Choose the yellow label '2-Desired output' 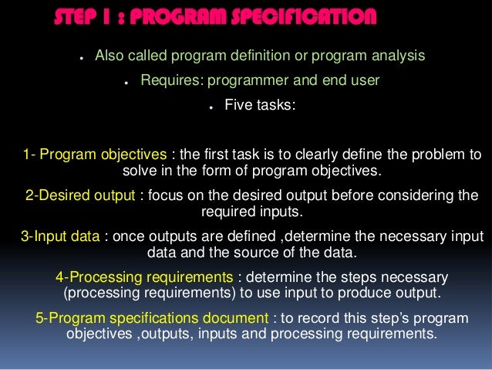pyautogui.click(x=81, y=195)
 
